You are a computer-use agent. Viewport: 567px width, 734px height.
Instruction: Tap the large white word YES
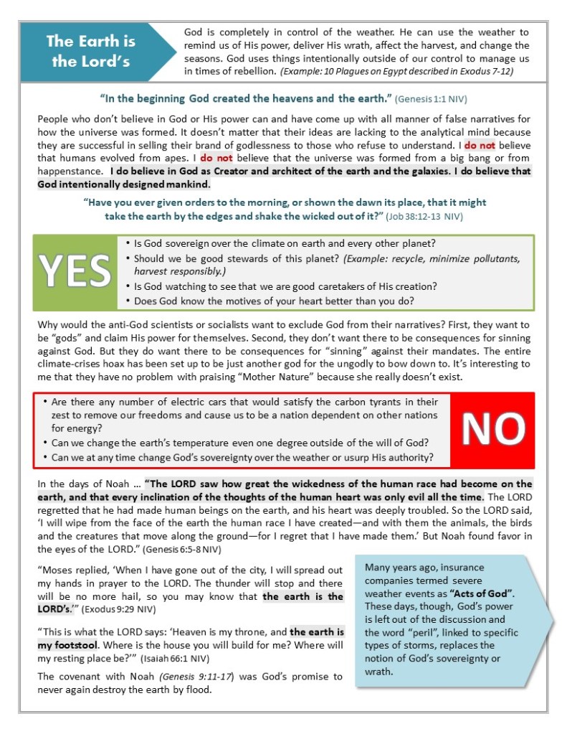tap(75, 270)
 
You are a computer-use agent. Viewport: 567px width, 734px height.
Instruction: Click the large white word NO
tap(493, 428)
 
